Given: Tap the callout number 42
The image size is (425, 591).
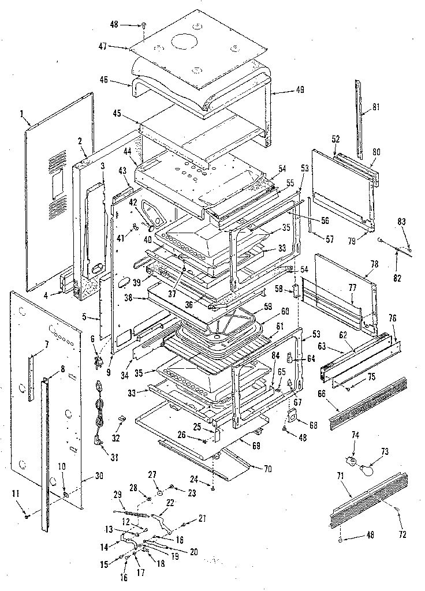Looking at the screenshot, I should pyautogui.click(x=133, y=203).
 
